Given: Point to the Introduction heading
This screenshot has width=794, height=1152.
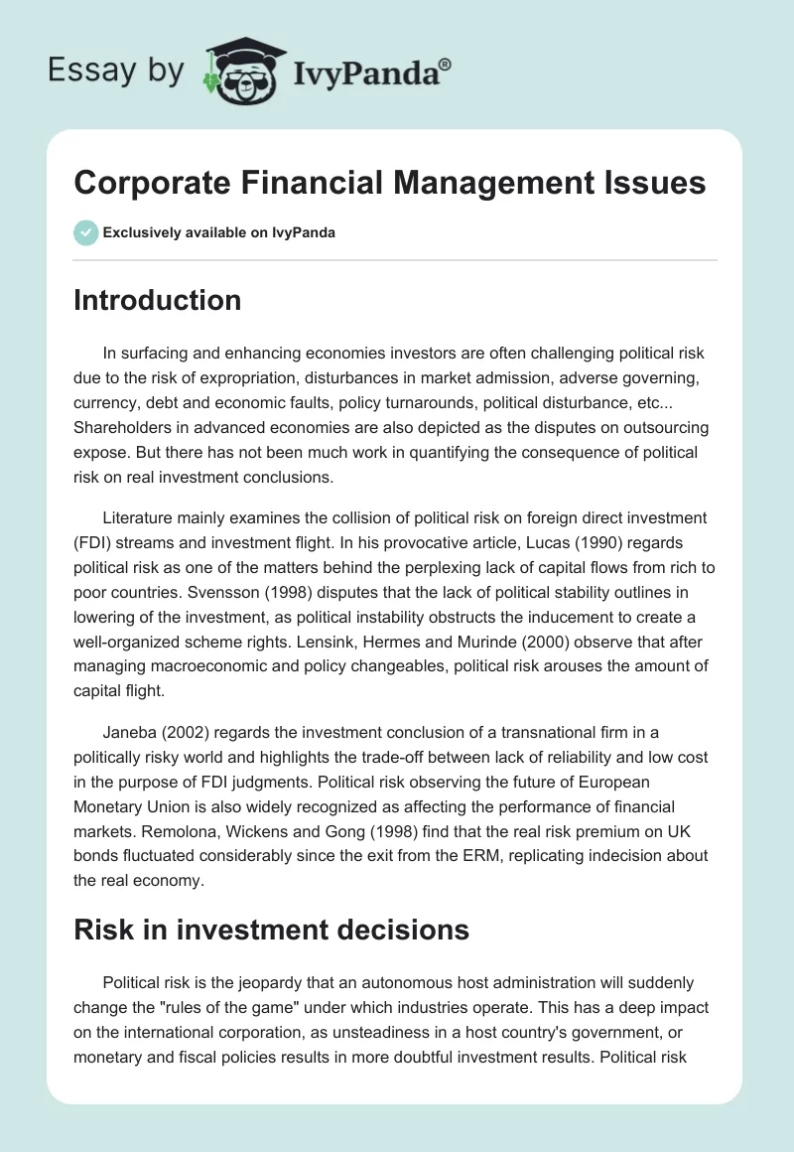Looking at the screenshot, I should click(x=157, y=300).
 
